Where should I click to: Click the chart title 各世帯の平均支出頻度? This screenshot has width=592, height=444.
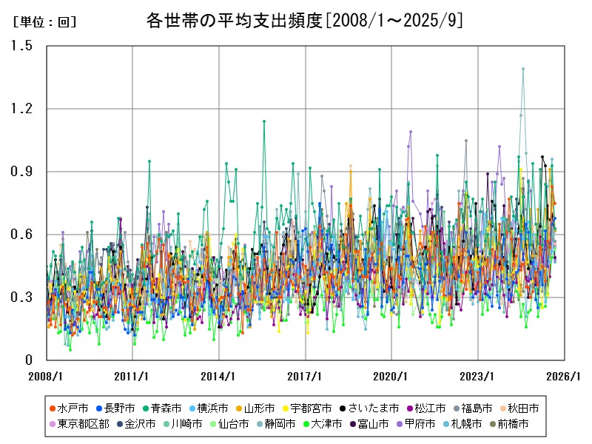(x=304, y=21)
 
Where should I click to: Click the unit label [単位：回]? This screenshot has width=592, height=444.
(x=44, y=22)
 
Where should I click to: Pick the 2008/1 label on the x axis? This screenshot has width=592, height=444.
(x=46, y=376)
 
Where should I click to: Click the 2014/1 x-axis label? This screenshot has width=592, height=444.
(x=219, y=376)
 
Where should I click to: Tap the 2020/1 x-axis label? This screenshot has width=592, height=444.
(x=392, y=376)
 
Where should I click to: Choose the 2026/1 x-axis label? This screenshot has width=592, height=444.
(x=565, y=376)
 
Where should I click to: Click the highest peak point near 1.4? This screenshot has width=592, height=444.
(x=523, y=69)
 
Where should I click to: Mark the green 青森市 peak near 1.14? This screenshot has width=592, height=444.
(x=264, y=121)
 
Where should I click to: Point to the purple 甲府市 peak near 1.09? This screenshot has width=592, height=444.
(x=411, y=132)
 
